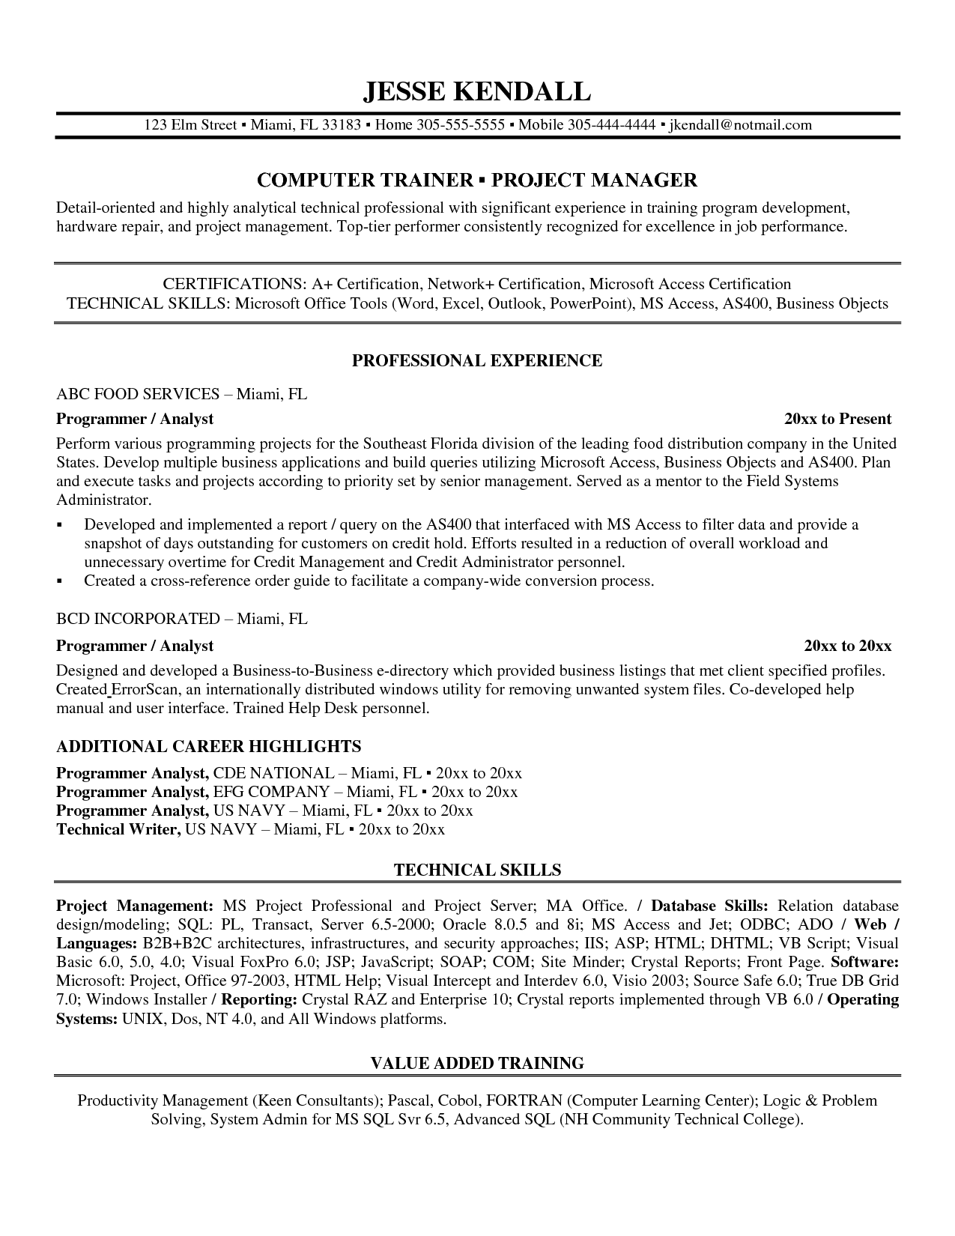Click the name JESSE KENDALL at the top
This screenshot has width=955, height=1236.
pos(477,91)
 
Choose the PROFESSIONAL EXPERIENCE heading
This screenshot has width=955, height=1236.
pos(477,361)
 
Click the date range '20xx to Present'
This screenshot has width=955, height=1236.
pos(838,419)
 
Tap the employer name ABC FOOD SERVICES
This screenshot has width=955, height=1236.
pos(138,394)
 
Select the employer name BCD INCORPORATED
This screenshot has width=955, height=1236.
pos(138,619)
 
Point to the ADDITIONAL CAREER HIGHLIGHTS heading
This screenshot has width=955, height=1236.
pos(209,746)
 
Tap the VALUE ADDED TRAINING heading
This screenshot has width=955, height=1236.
pos(477,1063)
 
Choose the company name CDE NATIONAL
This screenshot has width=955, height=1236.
pos(273,772)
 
